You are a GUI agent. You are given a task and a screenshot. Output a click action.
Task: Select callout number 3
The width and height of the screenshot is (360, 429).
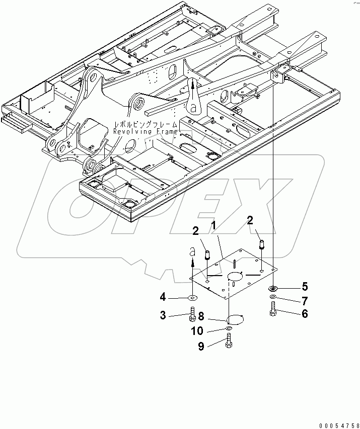pyautogui.click(x=163, y=315)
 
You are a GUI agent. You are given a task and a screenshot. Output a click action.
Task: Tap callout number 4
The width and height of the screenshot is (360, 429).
pyautogui.click(x=163, y=298)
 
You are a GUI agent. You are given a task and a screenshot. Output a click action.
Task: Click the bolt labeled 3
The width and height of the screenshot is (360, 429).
pyautogui.click(x=193, y=316)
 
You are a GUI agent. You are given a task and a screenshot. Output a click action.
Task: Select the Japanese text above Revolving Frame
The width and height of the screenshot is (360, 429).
pyautogui.click(x=145, y=123)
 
